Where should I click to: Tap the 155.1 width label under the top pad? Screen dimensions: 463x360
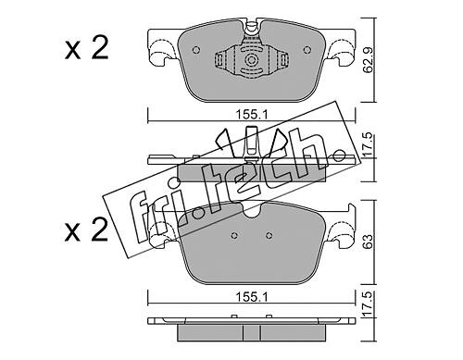click(252, 115)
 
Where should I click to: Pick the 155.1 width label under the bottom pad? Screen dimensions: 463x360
click(252, 297)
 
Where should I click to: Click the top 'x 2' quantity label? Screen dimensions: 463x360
click(87, 48)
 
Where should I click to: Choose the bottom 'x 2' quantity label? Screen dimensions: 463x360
click(87, 230)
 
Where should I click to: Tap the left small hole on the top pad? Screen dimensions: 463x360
click(196, 50)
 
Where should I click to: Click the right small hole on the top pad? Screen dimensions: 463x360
click(307, 50)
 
